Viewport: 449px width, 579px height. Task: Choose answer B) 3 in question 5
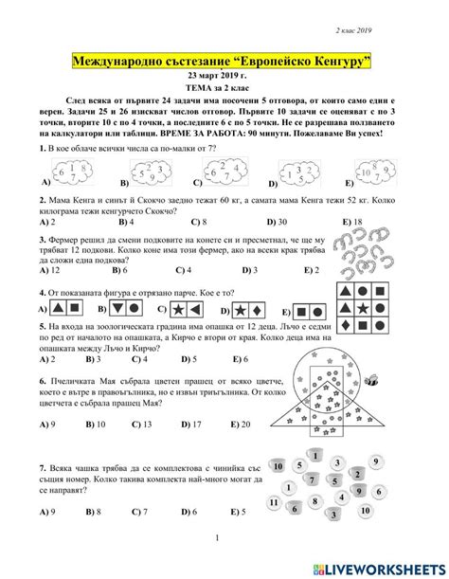pos(92,359)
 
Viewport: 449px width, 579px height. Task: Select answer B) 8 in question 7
pos(98,511)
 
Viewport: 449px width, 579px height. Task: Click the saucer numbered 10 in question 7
pos(278,465)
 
